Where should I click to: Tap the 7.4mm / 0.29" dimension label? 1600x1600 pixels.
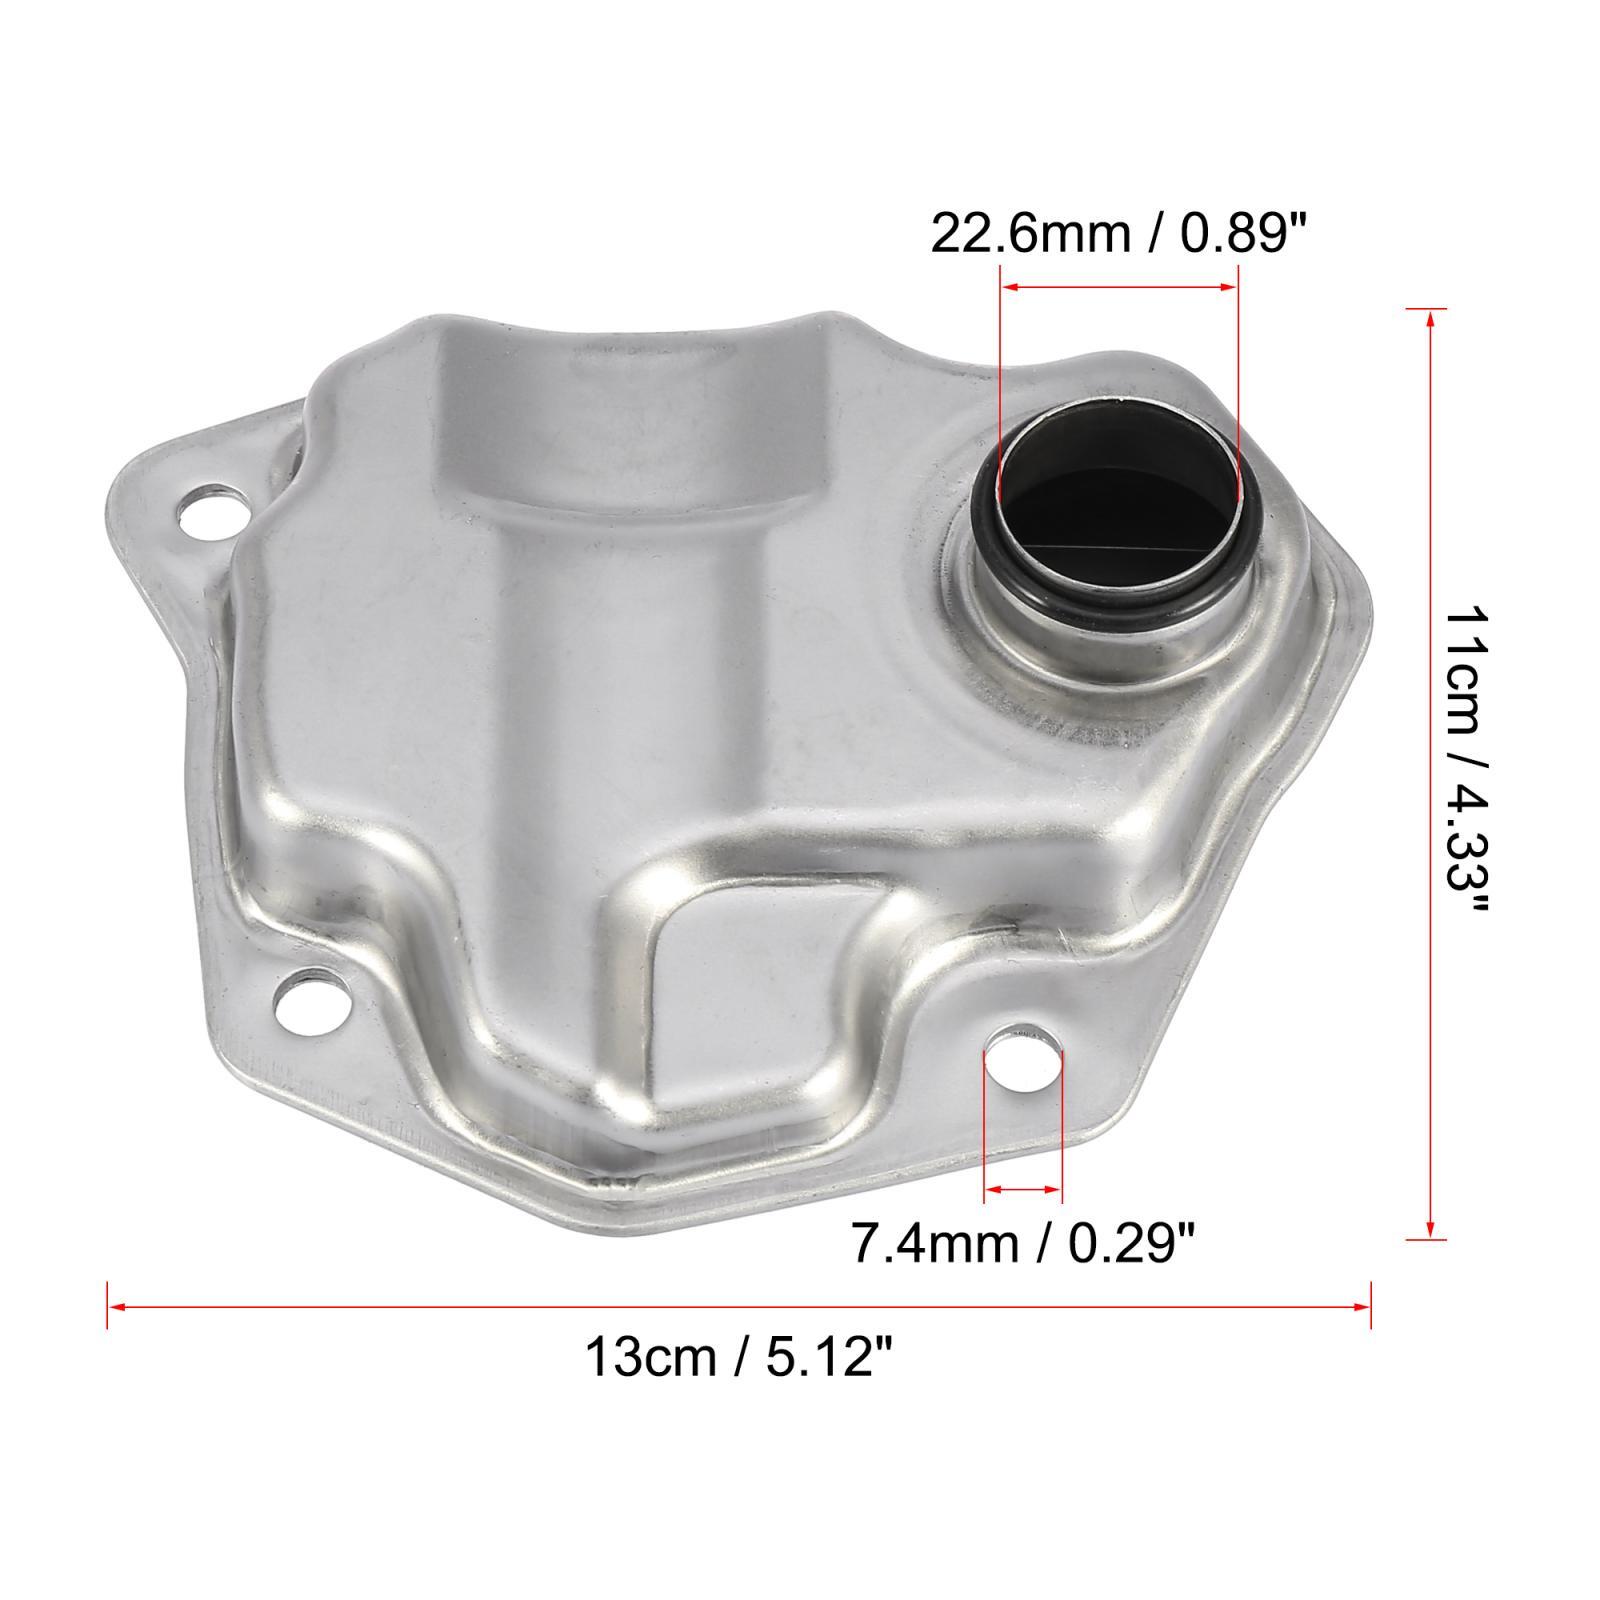point(1022,1244)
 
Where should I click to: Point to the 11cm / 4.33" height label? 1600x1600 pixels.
point(1466,760)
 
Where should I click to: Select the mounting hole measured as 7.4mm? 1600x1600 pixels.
point(1024,1056)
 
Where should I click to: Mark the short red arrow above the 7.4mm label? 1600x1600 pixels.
point(1023,1190)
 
